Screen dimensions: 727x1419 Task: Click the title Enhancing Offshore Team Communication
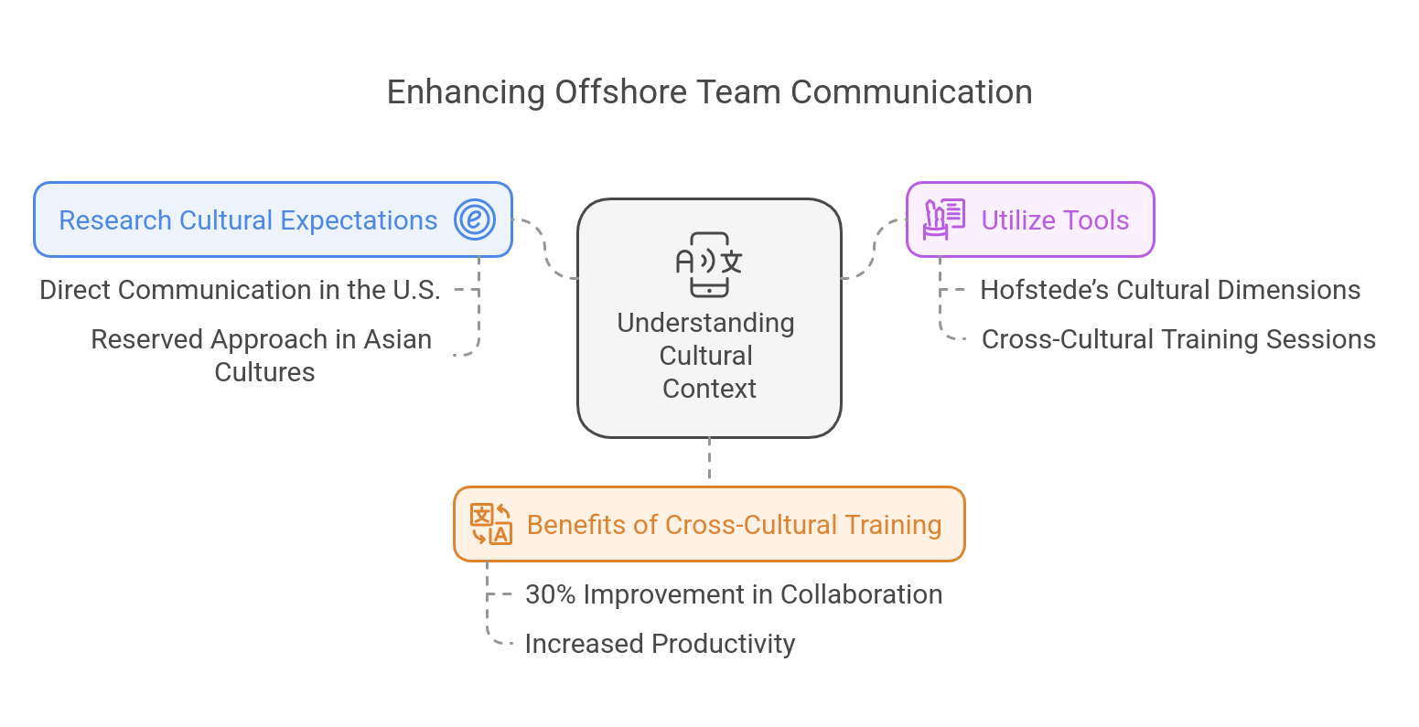click(x=709, y=92)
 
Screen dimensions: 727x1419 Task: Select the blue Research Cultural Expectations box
click(x=248, y=220)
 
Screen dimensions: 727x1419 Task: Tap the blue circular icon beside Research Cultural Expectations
click(x=475, y=220)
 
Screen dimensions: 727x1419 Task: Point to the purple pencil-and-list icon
click(x=943, y=219)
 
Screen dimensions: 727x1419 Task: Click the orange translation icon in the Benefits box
click(x=490, y=524)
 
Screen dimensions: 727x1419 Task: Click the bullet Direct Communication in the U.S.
click(x=241, y=290)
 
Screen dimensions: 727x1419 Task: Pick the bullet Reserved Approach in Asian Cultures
click(x=263, y=356)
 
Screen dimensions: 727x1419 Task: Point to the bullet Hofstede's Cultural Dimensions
click(x=1170, y=290)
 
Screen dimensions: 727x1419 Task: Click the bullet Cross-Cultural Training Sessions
click(x=1178, y=339)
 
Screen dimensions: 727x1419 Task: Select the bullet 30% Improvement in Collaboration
click(x=734, y=594)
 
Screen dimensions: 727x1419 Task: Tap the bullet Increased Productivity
click(x=659, y=644)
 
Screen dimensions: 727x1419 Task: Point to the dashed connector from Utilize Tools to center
click(x=874, y=251)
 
